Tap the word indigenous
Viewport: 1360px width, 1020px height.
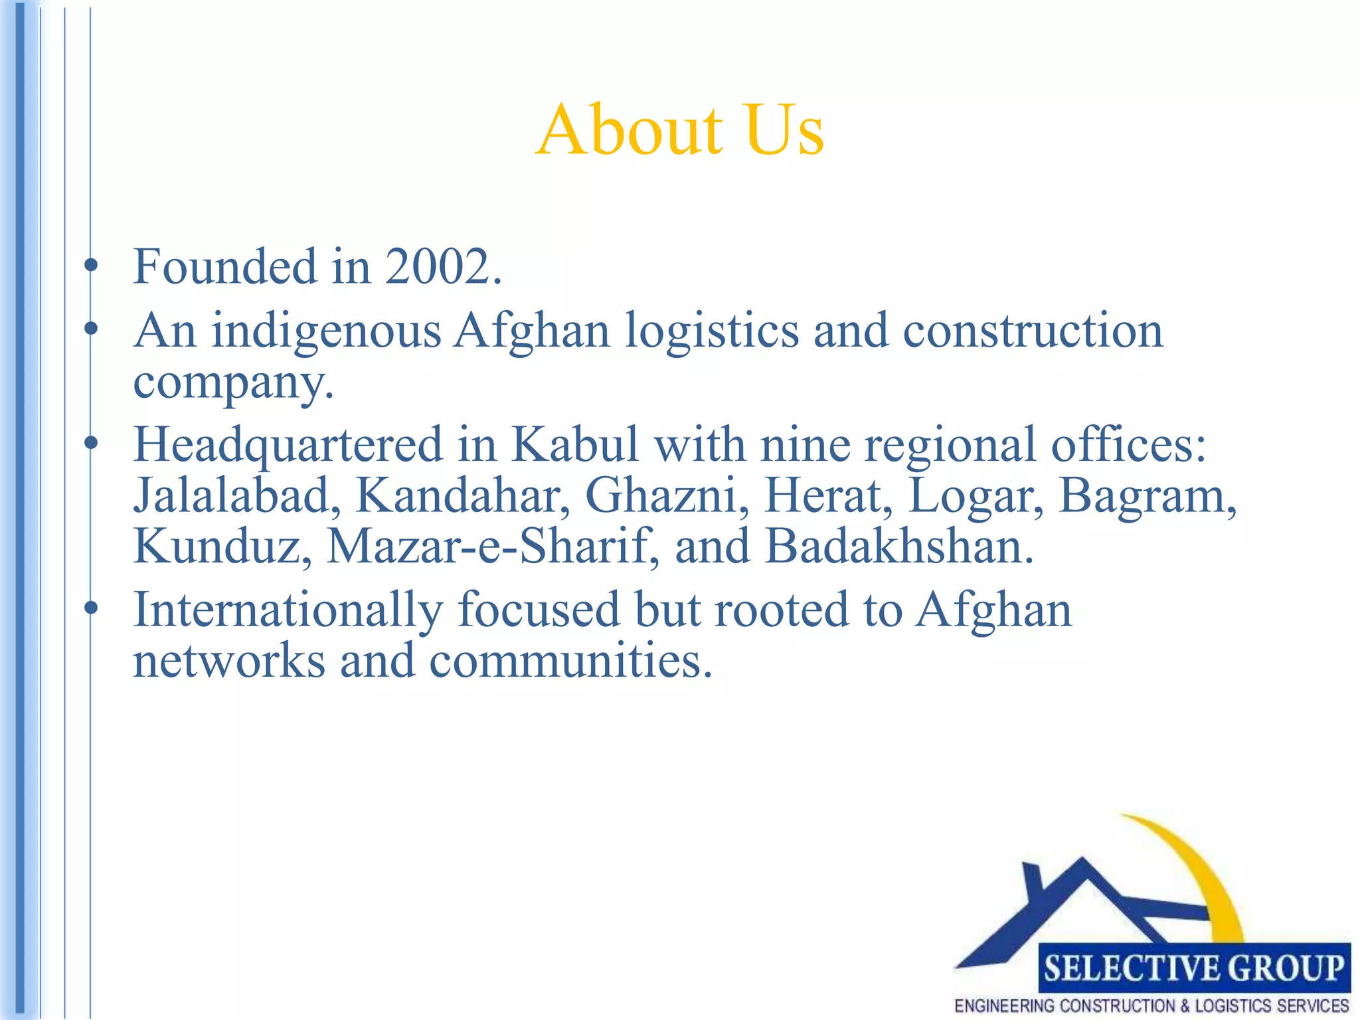pos(326,331)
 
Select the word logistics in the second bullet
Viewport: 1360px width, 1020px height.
pos(712,331)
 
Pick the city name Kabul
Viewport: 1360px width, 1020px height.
pos(574,444)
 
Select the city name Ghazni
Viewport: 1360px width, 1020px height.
pos(661,495)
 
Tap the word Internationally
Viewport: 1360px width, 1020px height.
pos(288,610)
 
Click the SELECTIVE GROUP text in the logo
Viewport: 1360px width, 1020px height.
pos(1193,968)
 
